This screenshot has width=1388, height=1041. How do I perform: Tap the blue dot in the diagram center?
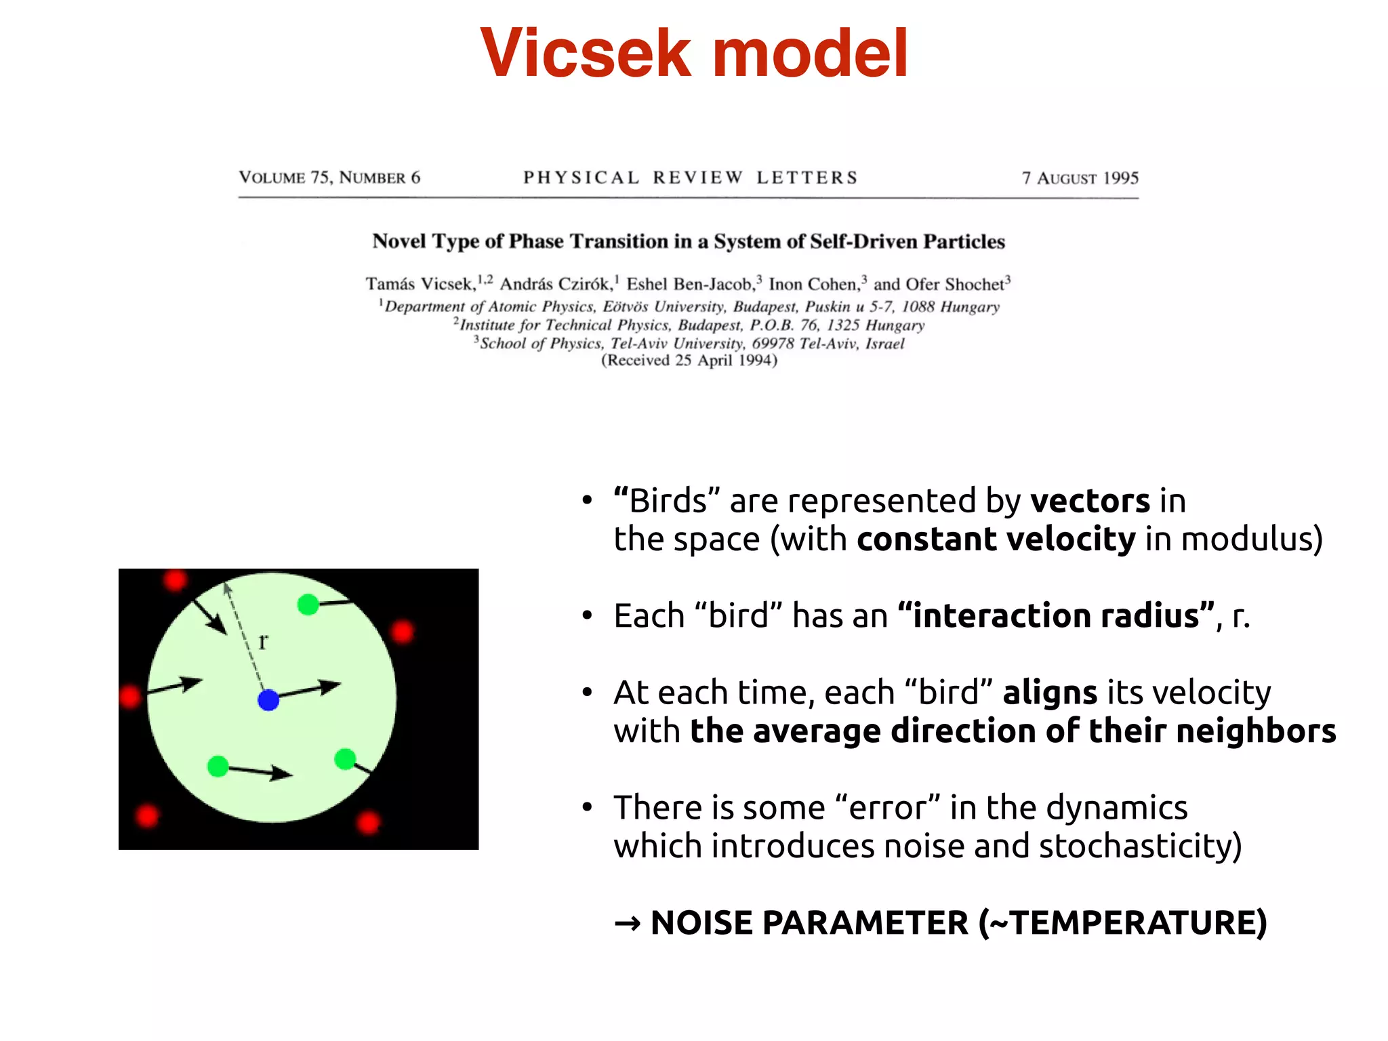click(268, 699)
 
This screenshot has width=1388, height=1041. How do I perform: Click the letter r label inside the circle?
click(263, 640)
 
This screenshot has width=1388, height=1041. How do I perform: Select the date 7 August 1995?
click(1080, 178)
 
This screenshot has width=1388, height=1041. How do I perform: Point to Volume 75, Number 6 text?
click(329, 178)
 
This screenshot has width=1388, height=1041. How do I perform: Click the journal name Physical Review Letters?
click(690, 178)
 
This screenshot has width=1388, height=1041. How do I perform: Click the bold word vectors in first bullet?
click(1089, 502)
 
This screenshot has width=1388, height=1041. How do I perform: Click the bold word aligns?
click(1049, 693)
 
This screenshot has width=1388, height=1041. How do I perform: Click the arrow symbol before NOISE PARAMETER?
click(627, 924)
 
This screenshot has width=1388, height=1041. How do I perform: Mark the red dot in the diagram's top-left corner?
click(175, 580)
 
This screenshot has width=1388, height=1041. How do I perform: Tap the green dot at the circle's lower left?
click(218, 767)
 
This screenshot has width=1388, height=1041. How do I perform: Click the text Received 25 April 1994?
click(689, 361)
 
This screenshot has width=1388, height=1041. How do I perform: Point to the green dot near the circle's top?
click(308, 605)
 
